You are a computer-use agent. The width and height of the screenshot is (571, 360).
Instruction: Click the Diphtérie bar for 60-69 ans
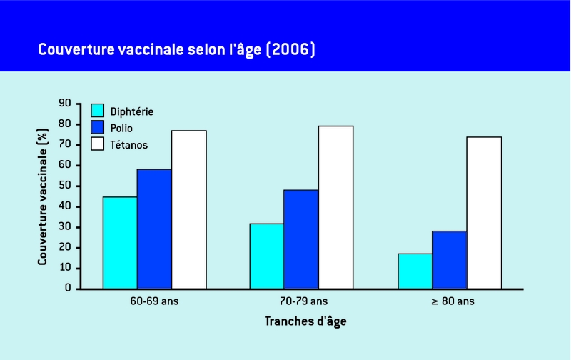[x=120, y=243]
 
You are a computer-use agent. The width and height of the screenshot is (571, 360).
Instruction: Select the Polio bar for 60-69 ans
[x=154, y=229]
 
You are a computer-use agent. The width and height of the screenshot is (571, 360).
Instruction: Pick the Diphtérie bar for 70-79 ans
[x=266, y=256]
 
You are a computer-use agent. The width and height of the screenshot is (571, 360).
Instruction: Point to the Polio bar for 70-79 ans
[x=301, y=239]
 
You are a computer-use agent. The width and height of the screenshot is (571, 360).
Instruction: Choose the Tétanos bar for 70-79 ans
[x=335, y=207]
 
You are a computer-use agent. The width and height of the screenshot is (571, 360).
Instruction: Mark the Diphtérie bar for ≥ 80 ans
[x=415, y=271]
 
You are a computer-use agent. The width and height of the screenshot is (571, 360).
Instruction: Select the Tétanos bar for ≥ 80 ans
[x=484, y=213]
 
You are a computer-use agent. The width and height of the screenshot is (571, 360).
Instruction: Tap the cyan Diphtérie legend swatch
[x=98, y=111]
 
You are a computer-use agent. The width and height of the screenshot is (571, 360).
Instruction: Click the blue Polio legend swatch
[x=98, y=127]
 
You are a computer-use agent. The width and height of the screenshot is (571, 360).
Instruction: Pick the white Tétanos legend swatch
[x=98, y=144]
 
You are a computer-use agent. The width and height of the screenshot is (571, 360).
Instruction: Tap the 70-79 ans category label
[x=300, y=301]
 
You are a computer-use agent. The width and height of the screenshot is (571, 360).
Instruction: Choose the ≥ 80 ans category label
[x=448, y=301]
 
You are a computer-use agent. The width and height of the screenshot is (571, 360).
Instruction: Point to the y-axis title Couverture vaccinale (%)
[x=43, y=196]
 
